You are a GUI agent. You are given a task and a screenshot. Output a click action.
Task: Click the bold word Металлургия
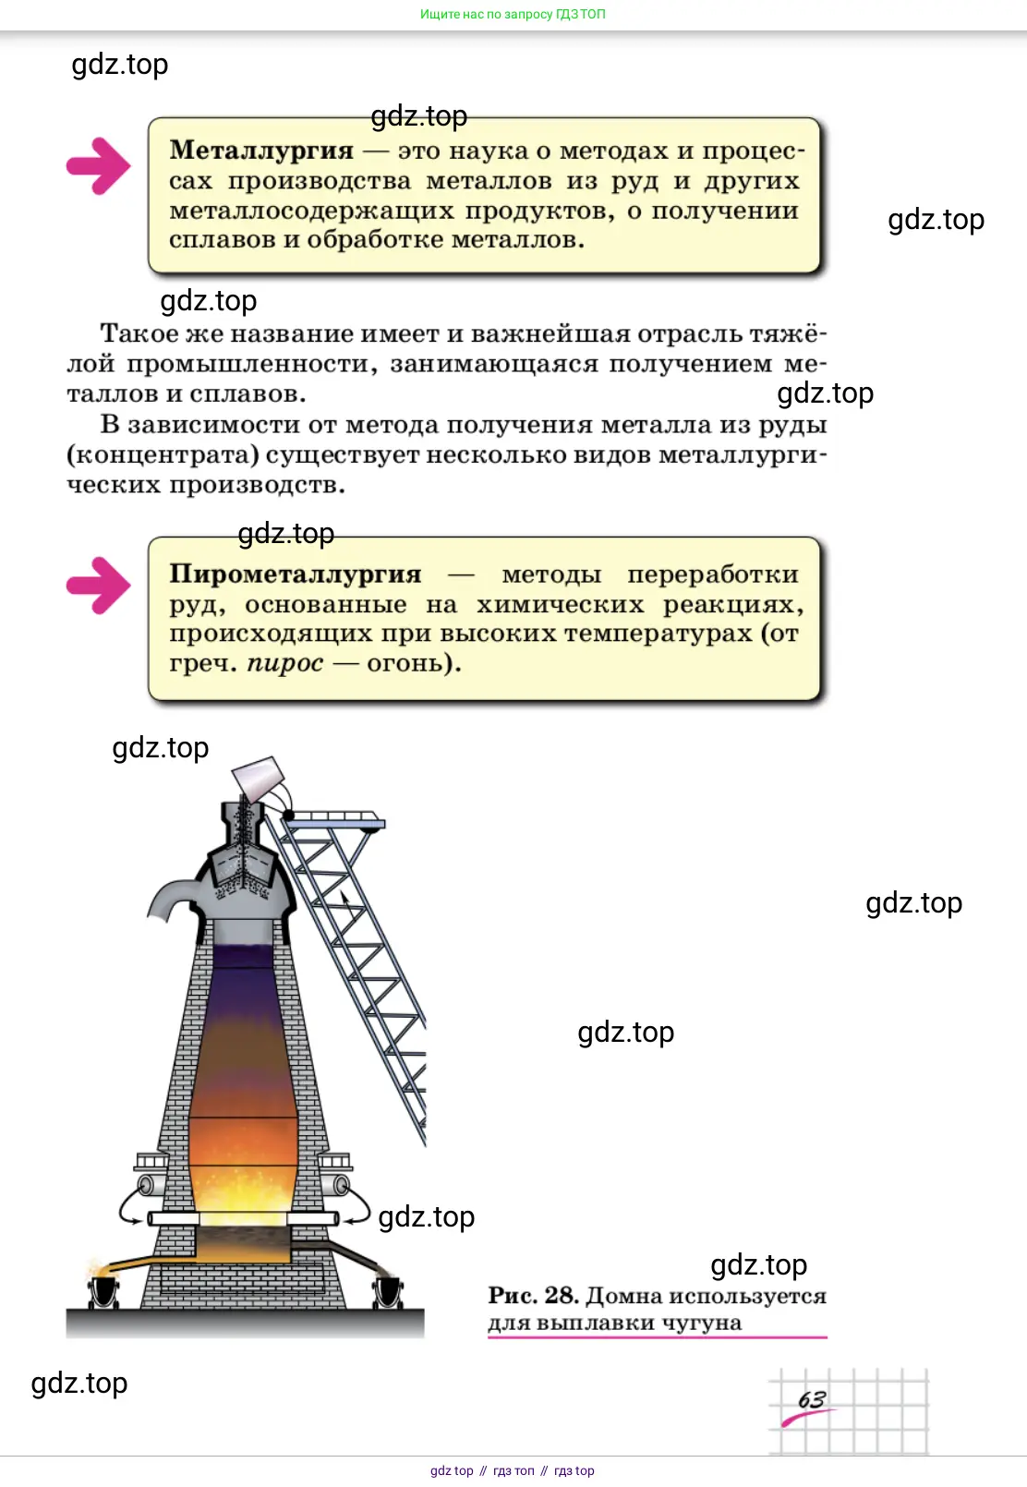pyautogui.click(x=261, y=150)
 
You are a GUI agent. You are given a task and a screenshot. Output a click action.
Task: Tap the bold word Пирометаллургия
pyautogui.click(x=296, y=574)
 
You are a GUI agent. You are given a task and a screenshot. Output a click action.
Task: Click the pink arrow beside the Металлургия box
pyautogui.click(x=98, y=166)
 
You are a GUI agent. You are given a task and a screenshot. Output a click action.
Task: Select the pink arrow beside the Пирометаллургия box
pyautogui.click(x=98, y=586)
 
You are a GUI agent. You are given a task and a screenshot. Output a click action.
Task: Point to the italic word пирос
pyautogui.click(x=285, y=663)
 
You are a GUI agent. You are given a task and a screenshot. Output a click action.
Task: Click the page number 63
pyautogui.click(x=811, y=1399)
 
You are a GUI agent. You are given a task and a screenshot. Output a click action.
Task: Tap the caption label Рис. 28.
pyautogui.click(x=533, y=1295)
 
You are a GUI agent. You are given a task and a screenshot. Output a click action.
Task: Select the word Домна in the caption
pyautogui.click(x=624, y=1295)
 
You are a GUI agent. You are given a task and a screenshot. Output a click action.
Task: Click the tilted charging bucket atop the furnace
pyautogui.click(x=259, y=777)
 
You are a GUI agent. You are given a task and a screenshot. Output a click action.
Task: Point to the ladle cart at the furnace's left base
pyautogui.click(x=103, y=1291)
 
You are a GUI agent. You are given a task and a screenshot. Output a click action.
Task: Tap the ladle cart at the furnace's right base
pyautogui.click(x=387, y=1291)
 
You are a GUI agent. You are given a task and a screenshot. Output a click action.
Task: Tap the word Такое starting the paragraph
pyautogui.click(x=139, y=333)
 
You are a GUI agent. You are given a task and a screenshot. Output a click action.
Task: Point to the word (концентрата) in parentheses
pyautogui.click(x=163, y=455)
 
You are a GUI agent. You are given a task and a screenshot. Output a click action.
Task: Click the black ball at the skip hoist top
pyautogui.click(x=288, y=814)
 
